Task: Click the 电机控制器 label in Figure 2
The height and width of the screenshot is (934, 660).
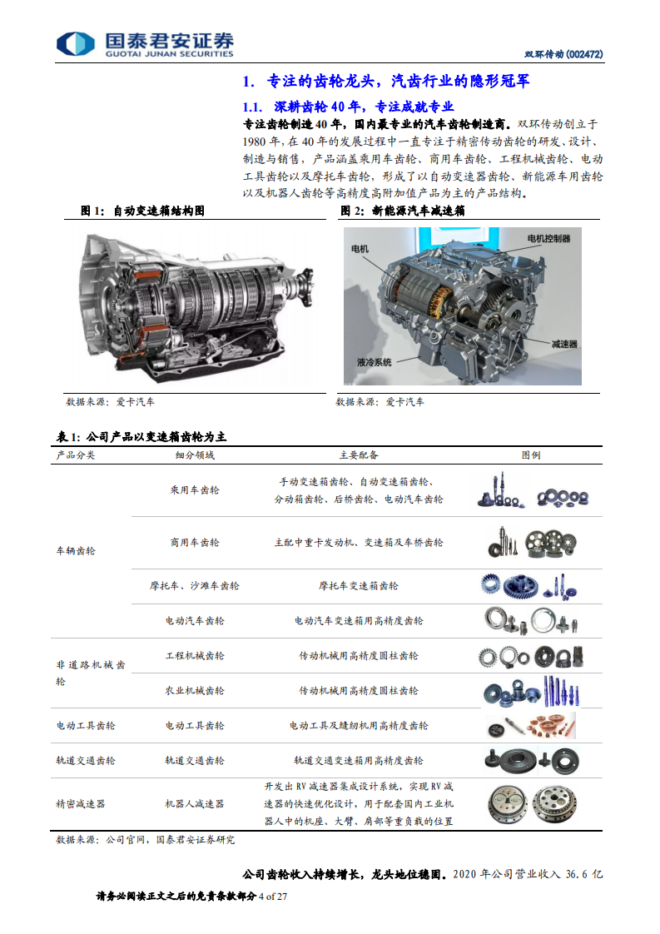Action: coord(548,239)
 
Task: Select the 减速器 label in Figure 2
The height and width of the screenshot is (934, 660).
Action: coord(563,342)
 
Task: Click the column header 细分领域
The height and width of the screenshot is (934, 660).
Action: coord(195,455)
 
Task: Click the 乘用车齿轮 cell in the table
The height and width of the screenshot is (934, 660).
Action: coord(195,490)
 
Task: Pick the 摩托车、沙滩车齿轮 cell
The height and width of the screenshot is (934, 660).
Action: coord(195,586)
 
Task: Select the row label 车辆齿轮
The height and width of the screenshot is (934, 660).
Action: coord(76,551)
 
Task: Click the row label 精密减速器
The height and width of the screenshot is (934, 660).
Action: coord(81,804)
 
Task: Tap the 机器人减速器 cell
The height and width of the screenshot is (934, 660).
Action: coord(195,804)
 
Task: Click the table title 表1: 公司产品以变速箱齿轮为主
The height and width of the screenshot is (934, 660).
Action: coord(141,436)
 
